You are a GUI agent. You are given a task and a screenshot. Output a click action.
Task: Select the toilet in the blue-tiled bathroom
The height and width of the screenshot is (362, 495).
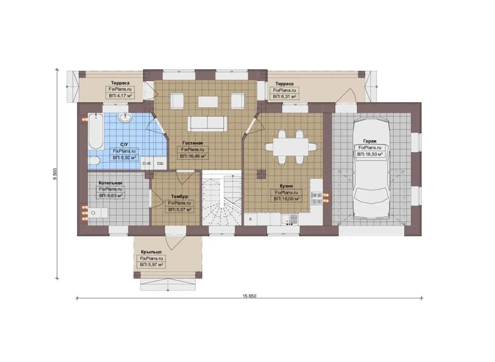point(94,161)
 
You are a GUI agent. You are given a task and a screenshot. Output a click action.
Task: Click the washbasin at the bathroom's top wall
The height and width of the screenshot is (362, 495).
point(125,118)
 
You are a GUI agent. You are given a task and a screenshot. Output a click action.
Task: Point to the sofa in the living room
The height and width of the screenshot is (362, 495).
point(207,123)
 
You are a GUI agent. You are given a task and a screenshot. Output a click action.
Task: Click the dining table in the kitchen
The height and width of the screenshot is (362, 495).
point(290,147)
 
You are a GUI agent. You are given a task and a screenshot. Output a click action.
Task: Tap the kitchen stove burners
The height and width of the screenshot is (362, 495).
point(316,198)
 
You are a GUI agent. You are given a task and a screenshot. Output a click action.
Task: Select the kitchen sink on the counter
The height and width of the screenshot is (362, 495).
point(290,219)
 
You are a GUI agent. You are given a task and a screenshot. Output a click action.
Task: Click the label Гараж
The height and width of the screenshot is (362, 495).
point(370,141)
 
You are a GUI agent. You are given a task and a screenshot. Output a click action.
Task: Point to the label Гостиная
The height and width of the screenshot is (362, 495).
point(193,143)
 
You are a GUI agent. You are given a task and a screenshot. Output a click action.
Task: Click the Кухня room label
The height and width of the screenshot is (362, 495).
point(287,186)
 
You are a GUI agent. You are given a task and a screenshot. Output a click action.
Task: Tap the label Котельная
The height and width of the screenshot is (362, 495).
point(111,183)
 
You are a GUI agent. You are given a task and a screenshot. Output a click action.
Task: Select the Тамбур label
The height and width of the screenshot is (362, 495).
point(180,197)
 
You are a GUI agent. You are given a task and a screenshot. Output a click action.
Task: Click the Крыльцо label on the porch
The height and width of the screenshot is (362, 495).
point(152,252)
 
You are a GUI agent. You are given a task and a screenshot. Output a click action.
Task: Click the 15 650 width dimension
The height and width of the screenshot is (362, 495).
point(249,296)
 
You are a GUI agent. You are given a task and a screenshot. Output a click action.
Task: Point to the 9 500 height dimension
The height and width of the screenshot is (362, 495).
point(55,174)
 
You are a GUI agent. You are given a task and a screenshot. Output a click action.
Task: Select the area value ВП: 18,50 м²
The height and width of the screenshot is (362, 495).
point(370,154)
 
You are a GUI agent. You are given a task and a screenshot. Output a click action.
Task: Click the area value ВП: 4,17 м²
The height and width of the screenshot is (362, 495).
point(120,96)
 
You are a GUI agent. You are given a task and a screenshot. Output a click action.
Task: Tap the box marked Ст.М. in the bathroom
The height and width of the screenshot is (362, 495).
point(147,163)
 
